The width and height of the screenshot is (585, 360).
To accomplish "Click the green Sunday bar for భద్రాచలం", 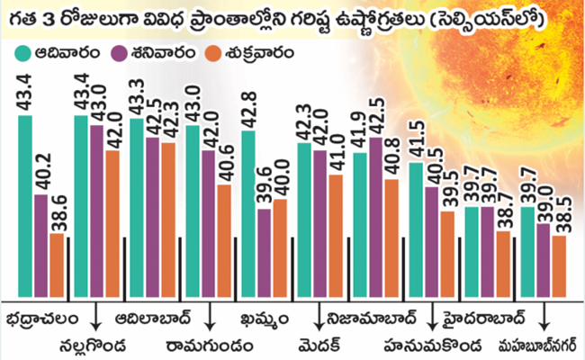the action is pyautogui.click(x=25, y=206).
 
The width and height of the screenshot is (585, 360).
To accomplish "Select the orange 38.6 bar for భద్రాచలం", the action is pyautogui.click(x=57, y=265).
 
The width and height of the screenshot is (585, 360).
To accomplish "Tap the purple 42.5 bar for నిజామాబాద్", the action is pyautogui.click(x=376, y=217).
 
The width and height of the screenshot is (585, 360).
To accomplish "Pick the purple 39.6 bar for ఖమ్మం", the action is pyautogui.click(x=265, y=253).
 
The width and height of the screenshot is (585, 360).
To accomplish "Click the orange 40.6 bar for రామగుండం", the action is pyautogui.click(x=224, y=241).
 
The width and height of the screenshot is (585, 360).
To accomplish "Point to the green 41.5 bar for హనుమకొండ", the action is pyautogui.click(x=416, y=229).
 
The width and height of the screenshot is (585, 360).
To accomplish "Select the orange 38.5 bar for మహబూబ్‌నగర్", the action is pyautogui.click(x=559, y=266).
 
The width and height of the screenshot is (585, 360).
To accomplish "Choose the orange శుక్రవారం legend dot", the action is pyautogui.click(x=213, y=53).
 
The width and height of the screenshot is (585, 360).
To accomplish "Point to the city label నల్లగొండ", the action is pyautogui.click(x=93, y=346).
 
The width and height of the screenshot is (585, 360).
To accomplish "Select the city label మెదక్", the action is pyautogui.click(x=319, y=346).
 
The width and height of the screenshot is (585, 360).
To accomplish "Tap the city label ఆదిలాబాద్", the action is pyautogui.click(x=153, y=319).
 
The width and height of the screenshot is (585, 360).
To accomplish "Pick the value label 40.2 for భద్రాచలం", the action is pyautogui.click(x=41, y=172).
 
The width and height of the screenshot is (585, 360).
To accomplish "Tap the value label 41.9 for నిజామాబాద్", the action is pyautogui.click(x=360, y=130).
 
